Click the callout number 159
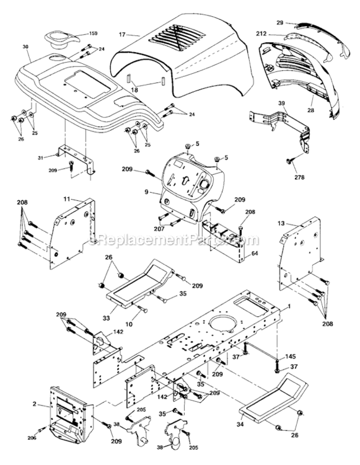(94, 33)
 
